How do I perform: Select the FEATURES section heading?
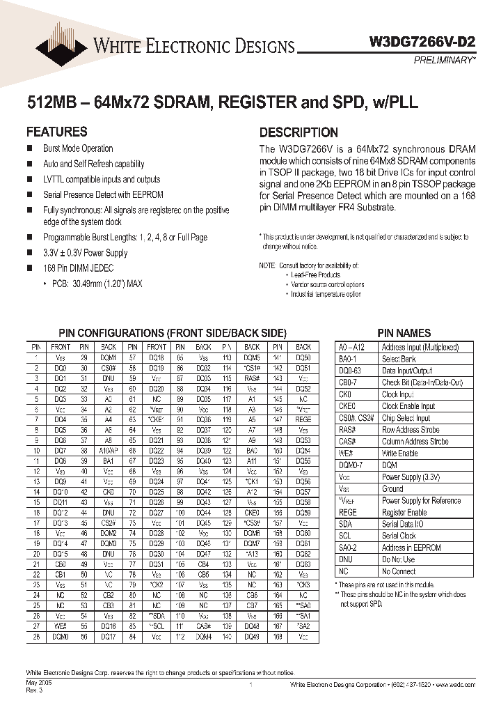click(56, 132)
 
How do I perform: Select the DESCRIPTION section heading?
click(299, 132)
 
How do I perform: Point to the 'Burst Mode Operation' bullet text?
click(78, 148)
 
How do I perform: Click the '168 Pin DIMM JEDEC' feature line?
click(78, 268)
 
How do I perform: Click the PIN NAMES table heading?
click(404, 333)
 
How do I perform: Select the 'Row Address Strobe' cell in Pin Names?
click(411, 430)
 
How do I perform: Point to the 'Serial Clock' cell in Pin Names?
click(399, 536)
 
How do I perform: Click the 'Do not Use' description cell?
click(398, 559)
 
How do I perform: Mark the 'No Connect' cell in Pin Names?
click(399, 571)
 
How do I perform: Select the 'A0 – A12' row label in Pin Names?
click(356, 347)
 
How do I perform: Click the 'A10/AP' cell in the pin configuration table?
click(108, 451)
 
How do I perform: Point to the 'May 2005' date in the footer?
click(39, 684)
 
